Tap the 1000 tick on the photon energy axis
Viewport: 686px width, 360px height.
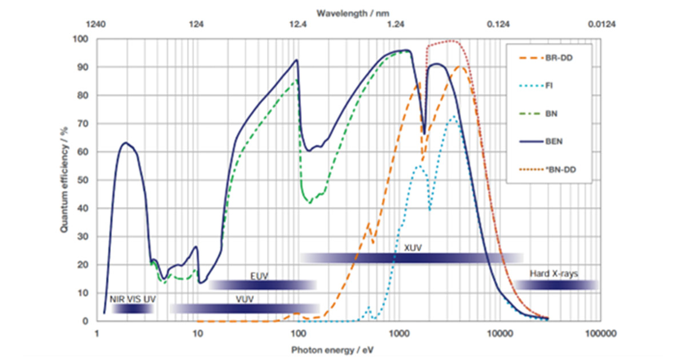pos(398,333)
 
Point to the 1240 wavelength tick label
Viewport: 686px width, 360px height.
pos(97,25)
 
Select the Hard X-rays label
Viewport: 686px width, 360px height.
pos(553,274)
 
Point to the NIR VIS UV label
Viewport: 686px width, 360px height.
pos(133,299)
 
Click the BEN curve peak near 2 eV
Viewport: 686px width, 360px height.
pos(125,143)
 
